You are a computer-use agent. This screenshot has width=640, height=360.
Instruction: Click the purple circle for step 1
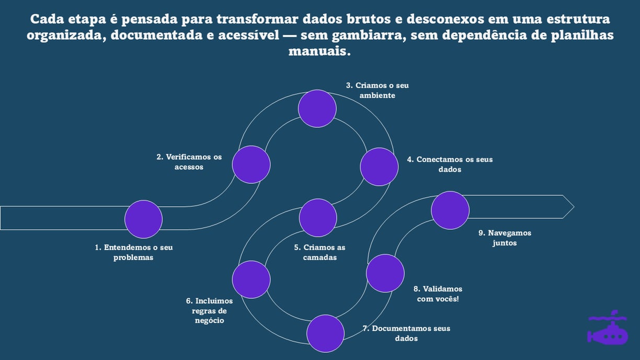coord(143,219)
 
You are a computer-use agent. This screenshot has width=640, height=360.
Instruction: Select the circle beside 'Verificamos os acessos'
coord(251,164)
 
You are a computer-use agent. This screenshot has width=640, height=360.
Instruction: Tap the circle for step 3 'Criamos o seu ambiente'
coord(317,108)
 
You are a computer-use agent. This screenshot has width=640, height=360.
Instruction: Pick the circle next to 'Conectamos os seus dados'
coord(379,166)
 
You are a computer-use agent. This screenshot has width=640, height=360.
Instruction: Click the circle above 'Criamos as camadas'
coord(318,218)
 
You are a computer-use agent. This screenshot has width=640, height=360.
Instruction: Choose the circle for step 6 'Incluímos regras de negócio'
coord(251,279)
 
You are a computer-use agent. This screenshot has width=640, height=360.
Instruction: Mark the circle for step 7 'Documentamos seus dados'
coord(325,333)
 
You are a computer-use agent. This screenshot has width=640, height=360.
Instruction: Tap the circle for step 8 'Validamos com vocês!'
coord(385,273)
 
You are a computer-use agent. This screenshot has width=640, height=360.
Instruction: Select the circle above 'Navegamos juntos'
coord(450,210)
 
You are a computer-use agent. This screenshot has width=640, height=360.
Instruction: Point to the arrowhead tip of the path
coord(573,207)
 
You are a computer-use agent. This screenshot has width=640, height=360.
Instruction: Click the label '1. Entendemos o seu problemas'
coord(133,252)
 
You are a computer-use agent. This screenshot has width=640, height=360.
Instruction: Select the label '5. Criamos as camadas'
coord(319,252)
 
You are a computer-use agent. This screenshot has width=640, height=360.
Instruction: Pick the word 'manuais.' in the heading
coord(319,52)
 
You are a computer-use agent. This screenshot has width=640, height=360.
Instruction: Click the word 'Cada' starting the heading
coord(46,19)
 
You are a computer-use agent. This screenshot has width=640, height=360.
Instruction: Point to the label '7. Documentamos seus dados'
coord(406,333)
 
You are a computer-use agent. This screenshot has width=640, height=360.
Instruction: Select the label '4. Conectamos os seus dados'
coord(450,164)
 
